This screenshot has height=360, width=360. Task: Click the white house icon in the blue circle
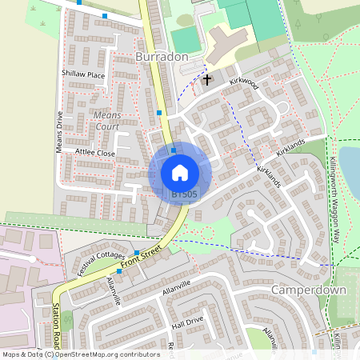point(180,172)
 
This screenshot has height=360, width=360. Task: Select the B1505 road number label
point(183,194)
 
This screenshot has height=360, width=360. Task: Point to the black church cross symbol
point(207,79)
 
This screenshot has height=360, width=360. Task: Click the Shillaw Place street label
point(83,74)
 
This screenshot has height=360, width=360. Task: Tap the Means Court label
point(107,121)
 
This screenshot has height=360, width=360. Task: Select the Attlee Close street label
point(95,152)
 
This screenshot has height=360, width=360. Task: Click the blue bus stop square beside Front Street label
point(137,253)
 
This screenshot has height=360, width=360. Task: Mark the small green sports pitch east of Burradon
point(186,40)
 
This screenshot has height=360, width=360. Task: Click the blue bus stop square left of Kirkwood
point(160,113)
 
